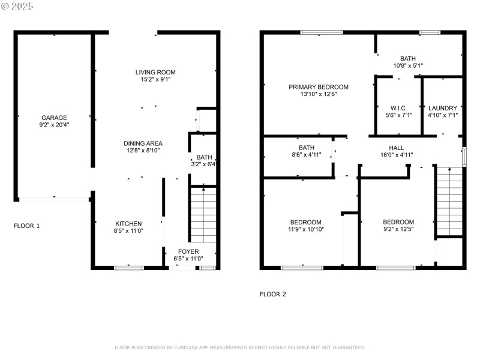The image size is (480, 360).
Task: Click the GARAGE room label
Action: [x=54, y=118]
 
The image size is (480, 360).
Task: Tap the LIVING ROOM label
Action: [x=155, y=72]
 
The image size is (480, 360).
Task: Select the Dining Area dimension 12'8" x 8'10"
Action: [x=143, y=151]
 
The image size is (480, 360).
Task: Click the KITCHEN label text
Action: [x=128, y=223]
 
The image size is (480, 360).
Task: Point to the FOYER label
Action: [x=188, y=251]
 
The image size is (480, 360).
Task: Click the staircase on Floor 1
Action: [x=203, y=216]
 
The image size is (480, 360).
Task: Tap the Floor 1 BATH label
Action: [x=205, y=156]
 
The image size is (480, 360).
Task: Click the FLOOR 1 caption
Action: [x=27, y=226]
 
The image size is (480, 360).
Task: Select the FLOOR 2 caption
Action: [x=273, y=294]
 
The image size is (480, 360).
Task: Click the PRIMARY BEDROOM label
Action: [x=318, y=87]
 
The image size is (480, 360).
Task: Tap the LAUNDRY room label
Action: [x=443, y=108]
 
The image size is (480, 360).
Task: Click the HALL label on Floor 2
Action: [x=397, y=148]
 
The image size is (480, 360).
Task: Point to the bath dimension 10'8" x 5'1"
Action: [x=409, y=65]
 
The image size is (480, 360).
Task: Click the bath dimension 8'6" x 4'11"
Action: [x=307, y=155]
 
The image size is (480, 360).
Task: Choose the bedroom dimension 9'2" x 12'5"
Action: [x=398, y=229]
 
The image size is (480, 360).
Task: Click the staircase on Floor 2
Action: [x=449, y=201]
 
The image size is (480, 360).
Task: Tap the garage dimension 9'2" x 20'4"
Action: [x=54, y=125]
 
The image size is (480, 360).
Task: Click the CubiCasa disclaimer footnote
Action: [x=239, y=347]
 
